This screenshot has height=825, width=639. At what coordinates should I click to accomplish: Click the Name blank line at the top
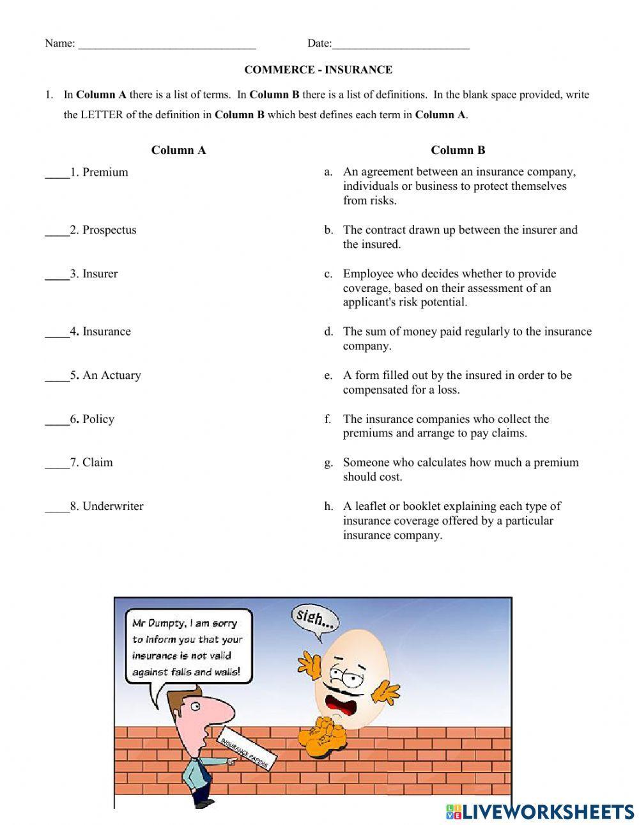[x=166, y=45]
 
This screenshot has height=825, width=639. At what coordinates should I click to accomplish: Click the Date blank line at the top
[x=401, y=45]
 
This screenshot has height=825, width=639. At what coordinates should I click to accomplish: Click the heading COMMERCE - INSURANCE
[x=318, y=70]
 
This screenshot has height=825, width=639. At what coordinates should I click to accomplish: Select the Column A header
[x=178, y=150]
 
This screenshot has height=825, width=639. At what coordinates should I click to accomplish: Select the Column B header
[x=458, y=150]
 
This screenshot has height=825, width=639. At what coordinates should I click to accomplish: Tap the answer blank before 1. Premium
[x=57, y=173]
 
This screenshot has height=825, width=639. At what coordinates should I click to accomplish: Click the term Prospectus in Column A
[x=109, y=230]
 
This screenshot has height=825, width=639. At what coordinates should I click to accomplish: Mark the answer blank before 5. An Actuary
[x=57, y=376]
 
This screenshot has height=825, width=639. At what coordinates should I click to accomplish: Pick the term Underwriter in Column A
[x=112, y=506]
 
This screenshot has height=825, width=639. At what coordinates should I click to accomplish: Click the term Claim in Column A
[x=97, y=462]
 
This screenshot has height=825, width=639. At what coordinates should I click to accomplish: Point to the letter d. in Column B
[x=328, y=332]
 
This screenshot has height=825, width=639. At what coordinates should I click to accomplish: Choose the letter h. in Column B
[x=328, y=506]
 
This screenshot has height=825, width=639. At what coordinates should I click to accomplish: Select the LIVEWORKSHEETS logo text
[x=546, y=812]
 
